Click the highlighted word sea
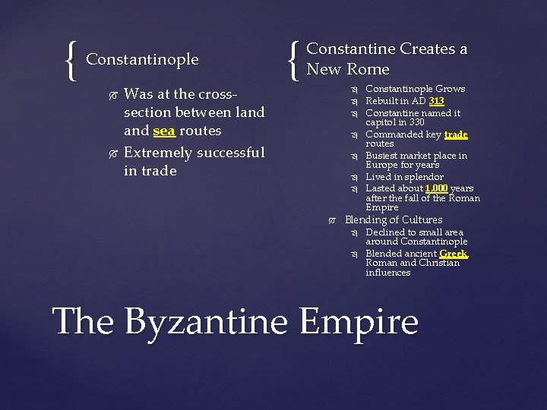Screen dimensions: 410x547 (x=164, y=131)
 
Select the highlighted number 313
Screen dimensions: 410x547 (x=436, y=101)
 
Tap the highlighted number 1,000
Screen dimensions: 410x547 (x=436, y=188)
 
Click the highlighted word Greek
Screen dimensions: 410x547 (x=454, y=254)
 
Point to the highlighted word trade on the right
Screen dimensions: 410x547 (x=455, y=134)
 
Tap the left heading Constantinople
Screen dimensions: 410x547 (x=142, y=59)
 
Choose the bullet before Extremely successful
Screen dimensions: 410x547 (x=112, y=153)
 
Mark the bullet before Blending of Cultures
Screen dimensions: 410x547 (x=331, y=220)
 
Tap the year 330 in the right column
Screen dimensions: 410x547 (x=416, y=122)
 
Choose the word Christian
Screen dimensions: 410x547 (x=436, y=263)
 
